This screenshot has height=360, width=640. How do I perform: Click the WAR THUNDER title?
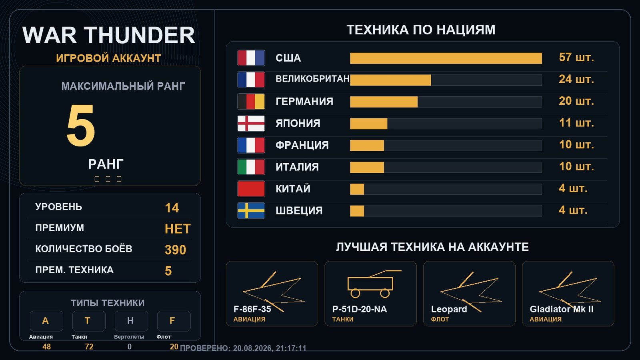tap(108, 35)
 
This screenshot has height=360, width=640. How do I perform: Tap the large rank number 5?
tap(80, 125)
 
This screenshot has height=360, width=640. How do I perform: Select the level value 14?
tap(172, 208)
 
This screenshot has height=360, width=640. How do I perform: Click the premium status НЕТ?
tap(178, 229)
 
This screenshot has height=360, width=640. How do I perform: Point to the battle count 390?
tap(175, 250)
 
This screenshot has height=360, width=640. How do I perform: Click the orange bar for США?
tap(446, 58)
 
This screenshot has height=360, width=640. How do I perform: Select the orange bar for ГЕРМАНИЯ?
tap(384, 102)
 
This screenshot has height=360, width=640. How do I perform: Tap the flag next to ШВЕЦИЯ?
tap(251, 210)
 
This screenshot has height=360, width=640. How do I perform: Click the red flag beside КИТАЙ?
tap(251, 189)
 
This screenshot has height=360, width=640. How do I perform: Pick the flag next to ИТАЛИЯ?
tap(251, 167)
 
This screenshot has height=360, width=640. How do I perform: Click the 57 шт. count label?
tap(576, 58)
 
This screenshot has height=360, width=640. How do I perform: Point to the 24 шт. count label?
tap(576, 79)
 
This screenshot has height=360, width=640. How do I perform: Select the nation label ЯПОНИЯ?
tap(298, 124)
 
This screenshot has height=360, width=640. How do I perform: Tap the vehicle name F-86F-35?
tap(252, 309)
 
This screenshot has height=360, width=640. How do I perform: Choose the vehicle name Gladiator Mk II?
tap(562, 309)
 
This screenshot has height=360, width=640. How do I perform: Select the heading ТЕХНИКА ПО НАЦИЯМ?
tap(421, 30)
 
